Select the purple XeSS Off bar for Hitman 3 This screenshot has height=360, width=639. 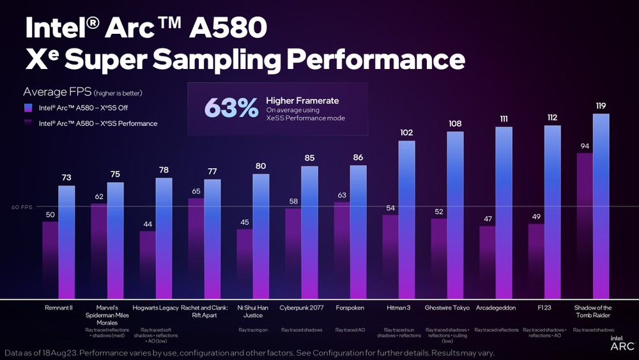pyautogui.click(x=390, y=256)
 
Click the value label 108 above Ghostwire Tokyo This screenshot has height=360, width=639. pyautogui.click(x=456, y=124)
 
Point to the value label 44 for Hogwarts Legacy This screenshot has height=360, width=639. pyautogui.click(x=148, y=224)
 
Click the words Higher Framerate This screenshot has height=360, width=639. pyautogui.click(x=302, y=100)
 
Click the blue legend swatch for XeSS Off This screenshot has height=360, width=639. pyautogui.click(x=27, y=107)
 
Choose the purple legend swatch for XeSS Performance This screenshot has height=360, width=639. pyautogui.click(x=27, y=123)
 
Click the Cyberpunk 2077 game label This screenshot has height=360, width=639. pyautogui.click(x=302, y=308)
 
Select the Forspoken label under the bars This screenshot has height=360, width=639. pyautogui.click(x=350, y=308)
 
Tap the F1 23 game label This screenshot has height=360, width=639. pyautogui.click(x=544, y=308)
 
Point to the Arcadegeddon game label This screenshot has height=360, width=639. pyautogui.click(x=496, y=308)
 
